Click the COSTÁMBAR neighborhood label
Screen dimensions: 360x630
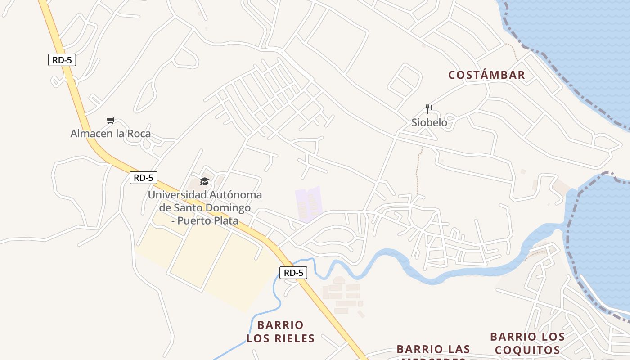[x=486, y=75]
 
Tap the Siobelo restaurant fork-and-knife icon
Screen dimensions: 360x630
[x=429, y=109]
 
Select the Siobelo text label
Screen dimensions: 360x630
[x=429, y=122]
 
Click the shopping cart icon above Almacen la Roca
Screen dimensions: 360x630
[x=111, y=120]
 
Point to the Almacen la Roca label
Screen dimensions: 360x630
[x=111, y=134]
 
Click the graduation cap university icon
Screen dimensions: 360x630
[x=205, y=181]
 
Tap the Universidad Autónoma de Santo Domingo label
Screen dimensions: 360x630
[x=205, y=208]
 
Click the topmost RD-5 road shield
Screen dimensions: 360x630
[x=62, y=60]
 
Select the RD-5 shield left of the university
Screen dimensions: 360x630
[x=144, y=178]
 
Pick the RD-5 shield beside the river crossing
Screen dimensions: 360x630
[x=293, y=273]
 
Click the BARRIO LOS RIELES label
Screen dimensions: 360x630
[x=280, y=332]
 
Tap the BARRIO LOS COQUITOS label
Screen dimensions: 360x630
[x=527, y=343]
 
